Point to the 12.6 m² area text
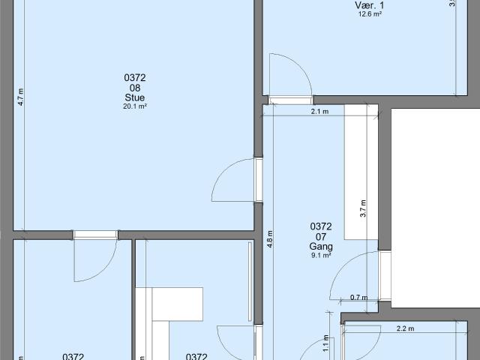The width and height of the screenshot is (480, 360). pos(368,13)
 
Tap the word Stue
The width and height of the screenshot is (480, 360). pos(135,97)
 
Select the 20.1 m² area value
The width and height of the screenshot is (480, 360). pos(135,106)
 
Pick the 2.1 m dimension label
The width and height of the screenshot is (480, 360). pos(319,111)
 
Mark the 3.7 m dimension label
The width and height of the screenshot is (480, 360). pos(363,208)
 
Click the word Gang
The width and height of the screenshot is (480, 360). pos(320,246)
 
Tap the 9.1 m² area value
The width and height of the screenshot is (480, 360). pos(320,255)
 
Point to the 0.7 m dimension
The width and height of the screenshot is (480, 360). pos(359,298)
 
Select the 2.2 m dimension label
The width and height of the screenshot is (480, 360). pos(406,328)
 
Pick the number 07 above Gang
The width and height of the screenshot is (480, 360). pos(320,236)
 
